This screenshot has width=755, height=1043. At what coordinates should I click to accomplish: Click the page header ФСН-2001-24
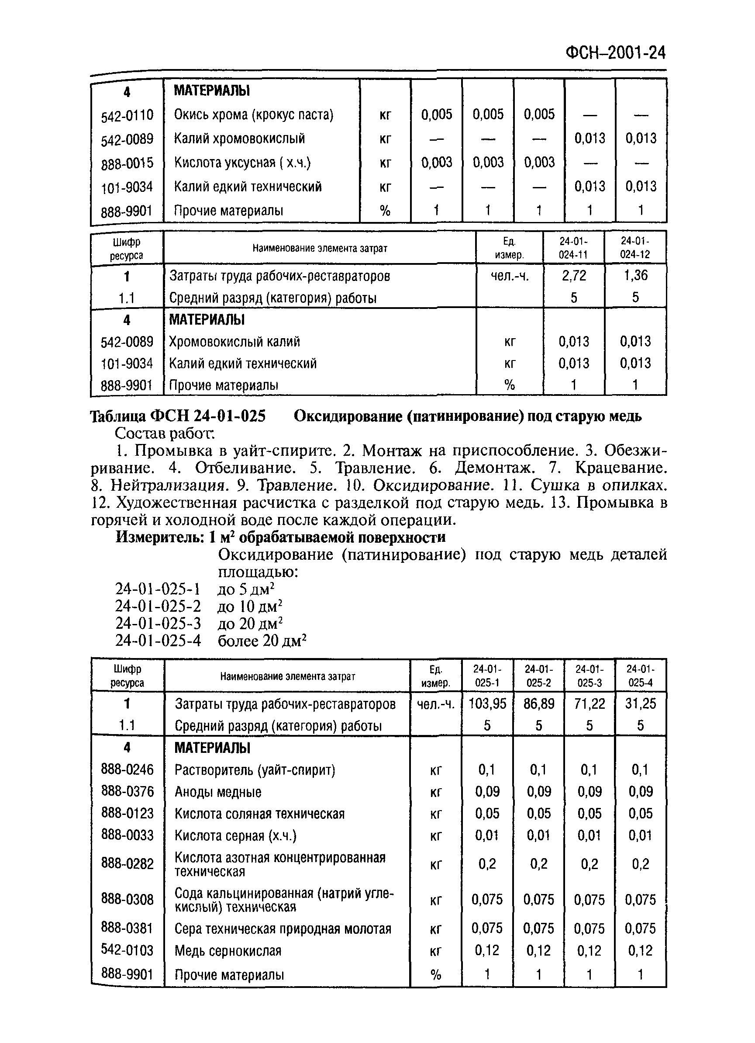(x=615, y=53)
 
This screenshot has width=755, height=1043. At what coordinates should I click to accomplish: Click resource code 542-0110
(x=127, y=115)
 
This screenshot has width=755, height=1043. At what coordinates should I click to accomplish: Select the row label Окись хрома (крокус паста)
(x=253, y=114)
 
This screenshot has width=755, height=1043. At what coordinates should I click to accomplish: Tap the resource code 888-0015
(x=127, y=163)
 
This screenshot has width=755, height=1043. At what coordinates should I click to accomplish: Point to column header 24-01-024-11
(x=573, y=248)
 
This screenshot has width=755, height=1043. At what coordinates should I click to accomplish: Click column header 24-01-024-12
(x=635, y=248)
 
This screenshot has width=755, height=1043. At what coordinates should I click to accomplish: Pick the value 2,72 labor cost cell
(x=573, y=275)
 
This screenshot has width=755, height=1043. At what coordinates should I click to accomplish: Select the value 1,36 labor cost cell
(x=635, y=275)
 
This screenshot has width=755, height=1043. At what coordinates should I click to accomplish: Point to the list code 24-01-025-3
(x=158, y=624)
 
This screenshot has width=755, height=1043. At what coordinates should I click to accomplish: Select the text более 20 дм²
(x=262, y=641)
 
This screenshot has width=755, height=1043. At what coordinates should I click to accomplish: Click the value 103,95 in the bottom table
(x=486, y=703)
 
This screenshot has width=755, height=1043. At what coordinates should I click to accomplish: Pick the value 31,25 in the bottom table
(x=640, y=703)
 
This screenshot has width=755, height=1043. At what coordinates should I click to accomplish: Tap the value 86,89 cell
(x=538, y=703)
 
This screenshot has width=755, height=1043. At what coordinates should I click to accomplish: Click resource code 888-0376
(x=127, y=791)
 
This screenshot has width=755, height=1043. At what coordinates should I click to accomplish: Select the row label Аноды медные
(x=218, y=792)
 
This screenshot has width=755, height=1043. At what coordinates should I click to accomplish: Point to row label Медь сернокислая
(x=228, y=950)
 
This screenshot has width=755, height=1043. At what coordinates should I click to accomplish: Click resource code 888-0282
(x=127, y=864)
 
